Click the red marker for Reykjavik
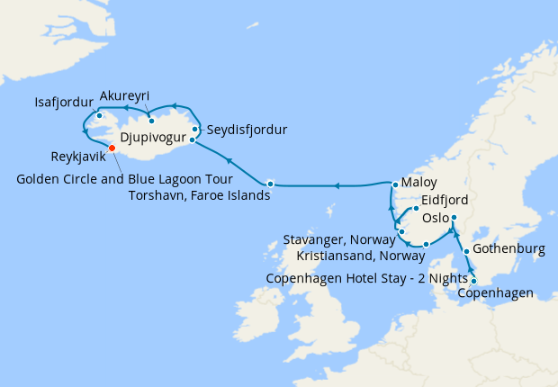pos(112,148)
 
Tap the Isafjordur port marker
pos(98,115)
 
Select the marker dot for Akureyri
pos(151,121)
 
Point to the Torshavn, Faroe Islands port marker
pos(270,184)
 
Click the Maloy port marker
pos(394,185)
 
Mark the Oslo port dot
pos(454,218)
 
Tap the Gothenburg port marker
pos(466,251)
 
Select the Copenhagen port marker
pos(474,281)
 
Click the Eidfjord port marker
pos(416,210)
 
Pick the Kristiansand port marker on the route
pos(426,244)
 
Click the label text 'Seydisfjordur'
pos(247,130)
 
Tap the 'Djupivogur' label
pos(152,139)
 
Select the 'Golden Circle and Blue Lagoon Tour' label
pos(124,179)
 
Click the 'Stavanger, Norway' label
pos(339,240)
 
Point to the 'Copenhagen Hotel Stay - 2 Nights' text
pos(367,278)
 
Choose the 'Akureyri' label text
pos(125,96)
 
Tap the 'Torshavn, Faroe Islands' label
pos(198,194)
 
